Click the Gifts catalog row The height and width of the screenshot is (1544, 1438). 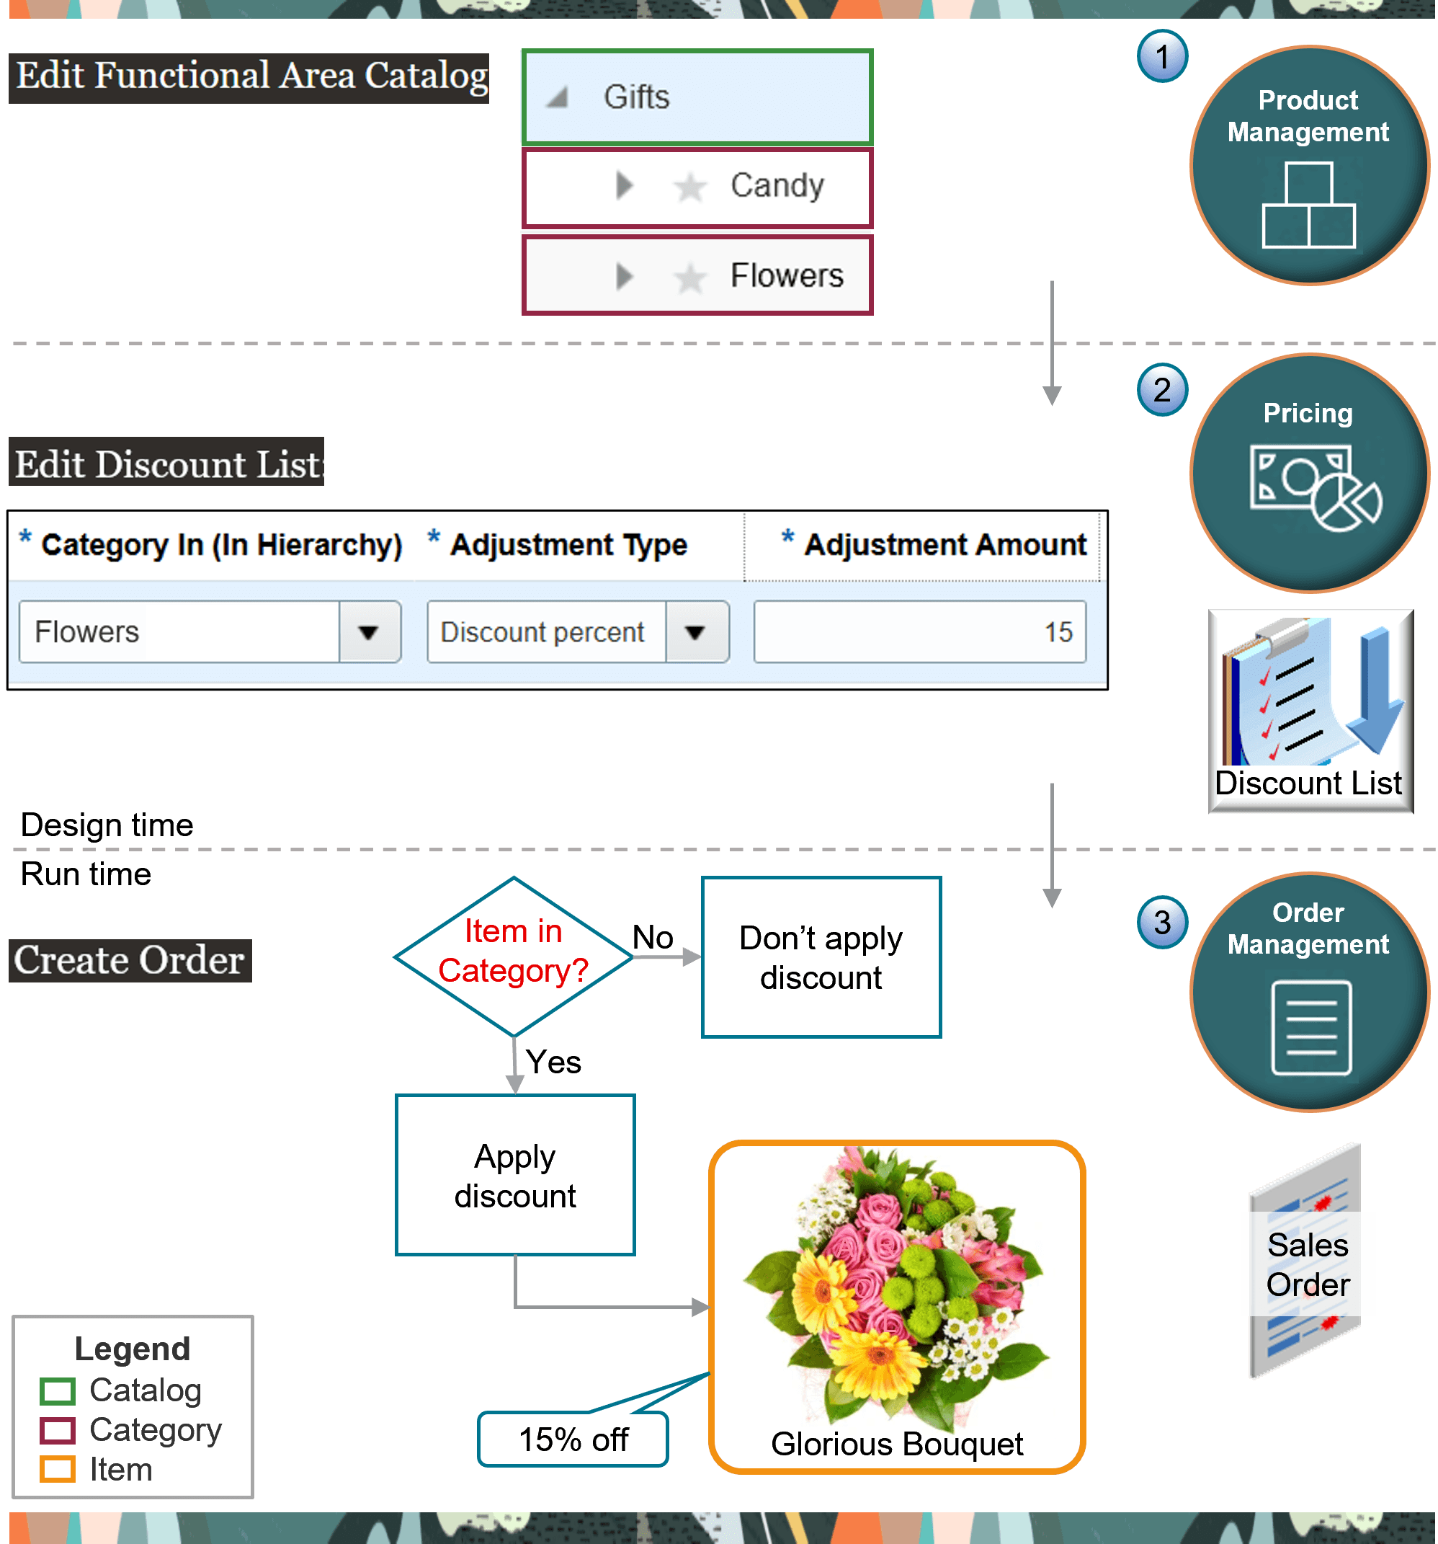tap(697, 98)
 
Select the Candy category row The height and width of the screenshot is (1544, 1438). tap(697, 187)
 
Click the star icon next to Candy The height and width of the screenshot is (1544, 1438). tap(689, 187)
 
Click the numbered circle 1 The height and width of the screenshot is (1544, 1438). tap(1161, 57)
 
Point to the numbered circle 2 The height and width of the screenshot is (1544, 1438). tap(1161, 390)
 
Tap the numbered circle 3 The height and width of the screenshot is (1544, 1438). tap(1161, 923)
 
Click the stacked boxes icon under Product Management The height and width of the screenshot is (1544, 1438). tap(1308, 206)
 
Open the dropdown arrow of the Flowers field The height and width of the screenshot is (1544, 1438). tap(369, 632)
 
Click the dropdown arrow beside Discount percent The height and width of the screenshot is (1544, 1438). tap(696, 632)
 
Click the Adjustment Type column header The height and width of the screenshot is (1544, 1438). tap(568, 545)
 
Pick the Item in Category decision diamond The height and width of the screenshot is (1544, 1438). tap(513, 956)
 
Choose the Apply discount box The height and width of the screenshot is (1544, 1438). tap(515, 1175)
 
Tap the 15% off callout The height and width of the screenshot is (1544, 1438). tap(573, 1439)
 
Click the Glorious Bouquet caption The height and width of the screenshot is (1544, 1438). tap(897, 1445)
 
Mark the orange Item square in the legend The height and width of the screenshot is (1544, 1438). tap(58, 1470)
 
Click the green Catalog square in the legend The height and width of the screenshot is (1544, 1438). tap(58, 1391)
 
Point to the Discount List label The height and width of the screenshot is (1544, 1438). tap(1308, 783)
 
